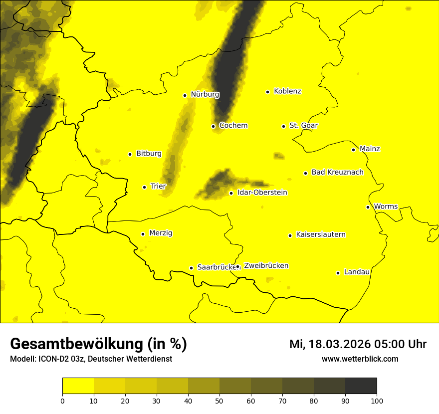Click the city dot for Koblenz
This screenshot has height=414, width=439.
point(268,92)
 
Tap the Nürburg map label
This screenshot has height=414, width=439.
point(205,94)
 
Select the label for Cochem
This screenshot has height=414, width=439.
point(233,125)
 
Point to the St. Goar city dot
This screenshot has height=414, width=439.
point(283,126)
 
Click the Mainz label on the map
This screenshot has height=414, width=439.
point(370,149)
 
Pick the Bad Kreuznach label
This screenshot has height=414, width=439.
point(337,172)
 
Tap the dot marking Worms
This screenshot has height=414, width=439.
point(368,207)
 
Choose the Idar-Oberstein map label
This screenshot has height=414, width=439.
point(262,193)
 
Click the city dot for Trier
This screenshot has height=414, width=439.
point(145,187)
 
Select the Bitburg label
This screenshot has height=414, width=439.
point(149,154)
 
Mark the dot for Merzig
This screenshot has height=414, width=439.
point(143,234)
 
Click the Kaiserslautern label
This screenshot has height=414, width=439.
point(320,234)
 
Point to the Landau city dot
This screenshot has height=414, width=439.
point(338,273)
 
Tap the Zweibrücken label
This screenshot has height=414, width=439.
point(266,266)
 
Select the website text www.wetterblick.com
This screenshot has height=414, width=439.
point(360,359)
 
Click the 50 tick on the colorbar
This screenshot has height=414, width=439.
point(219,400)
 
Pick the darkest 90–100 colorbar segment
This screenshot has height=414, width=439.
point(361,386)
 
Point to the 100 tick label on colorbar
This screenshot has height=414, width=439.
point(377,400)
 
